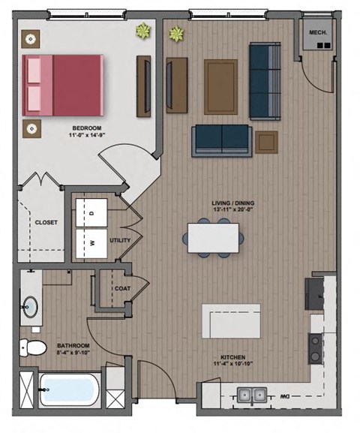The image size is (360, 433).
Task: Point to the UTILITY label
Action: pyautogui.click(x=121, y=241)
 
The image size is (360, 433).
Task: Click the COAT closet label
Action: pyautogui.click(x=122, y=288)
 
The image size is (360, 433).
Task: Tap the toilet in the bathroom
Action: pyautogui.click(x=31, y=347)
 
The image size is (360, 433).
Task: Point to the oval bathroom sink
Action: pyautogui.click(x=31, y=307)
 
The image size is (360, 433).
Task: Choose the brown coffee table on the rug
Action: pyautogui.click(x=220, y=77)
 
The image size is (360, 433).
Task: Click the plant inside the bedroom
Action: pyautogui.click(x=142, y=31)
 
